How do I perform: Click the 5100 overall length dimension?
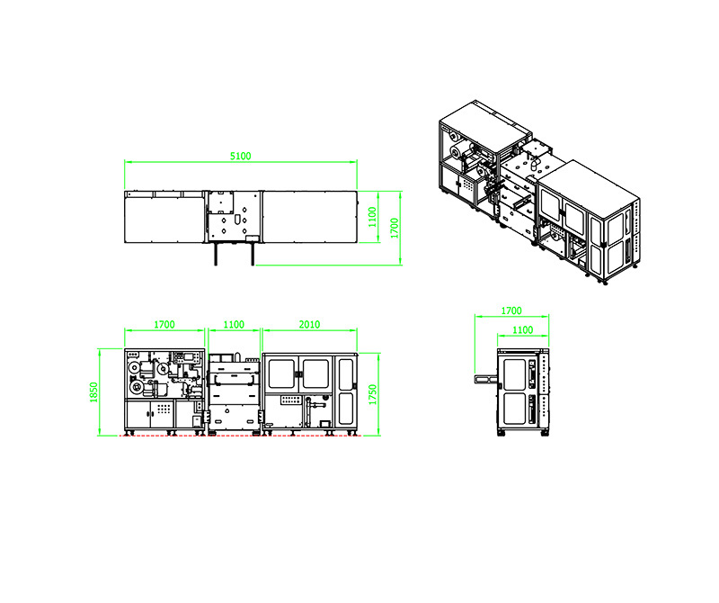[x=240, y=156]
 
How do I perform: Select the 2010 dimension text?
[x=309, y=325]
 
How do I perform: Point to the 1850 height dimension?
[x=94, y=392]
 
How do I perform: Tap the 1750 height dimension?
[x=373, y=394]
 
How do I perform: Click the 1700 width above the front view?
[x=164, y=325]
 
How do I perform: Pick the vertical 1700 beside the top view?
[x=395, y=229]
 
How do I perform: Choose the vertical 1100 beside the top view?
[x=372, y=217]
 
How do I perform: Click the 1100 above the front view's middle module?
[x=234, y=325]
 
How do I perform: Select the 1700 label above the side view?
[x=511, y=310]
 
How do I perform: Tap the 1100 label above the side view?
[x=523, y=330]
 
